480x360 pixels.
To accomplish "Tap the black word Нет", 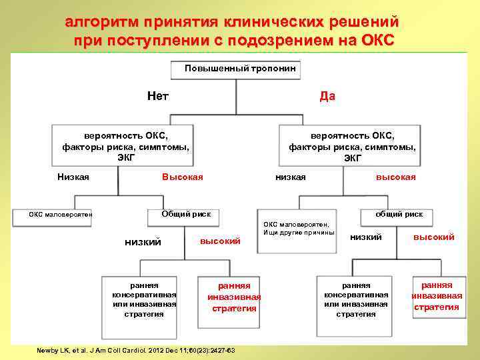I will coord(158,96).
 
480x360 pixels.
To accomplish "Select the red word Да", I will coord(327,96).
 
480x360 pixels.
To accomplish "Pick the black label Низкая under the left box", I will coord(73,177).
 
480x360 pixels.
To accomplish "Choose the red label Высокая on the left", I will coord(183,177).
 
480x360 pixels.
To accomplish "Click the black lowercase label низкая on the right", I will coord(291,177).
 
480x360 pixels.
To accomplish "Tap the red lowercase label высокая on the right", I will coord(395,177).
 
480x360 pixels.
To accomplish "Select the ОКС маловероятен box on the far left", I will coord(60,215).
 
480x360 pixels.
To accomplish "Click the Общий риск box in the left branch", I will coord(187,214).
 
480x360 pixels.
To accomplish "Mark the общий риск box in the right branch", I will coord(399,214).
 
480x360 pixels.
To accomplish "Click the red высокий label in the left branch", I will coord(220,241).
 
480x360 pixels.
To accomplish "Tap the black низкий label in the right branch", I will coord(365,237).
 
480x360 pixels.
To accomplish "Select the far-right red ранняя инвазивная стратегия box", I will coord(437,296).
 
